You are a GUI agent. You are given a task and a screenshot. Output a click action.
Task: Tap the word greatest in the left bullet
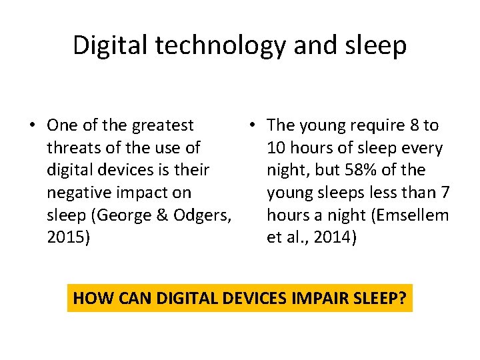tap(163, 125)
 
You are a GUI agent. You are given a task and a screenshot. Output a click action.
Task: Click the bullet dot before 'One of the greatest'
tap(33, 126)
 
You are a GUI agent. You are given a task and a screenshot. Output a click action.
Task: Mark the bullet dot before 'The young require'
tap(253, 126)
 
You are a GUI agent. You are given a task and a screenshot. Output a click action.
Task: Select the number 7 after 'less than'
tap(445, 193)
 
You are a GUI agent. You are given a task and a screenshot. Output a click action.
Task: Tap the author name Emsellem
tap(413, 216)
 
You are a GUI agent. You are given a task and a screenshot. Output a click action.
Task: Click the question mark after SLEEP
tap(402, 298)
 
